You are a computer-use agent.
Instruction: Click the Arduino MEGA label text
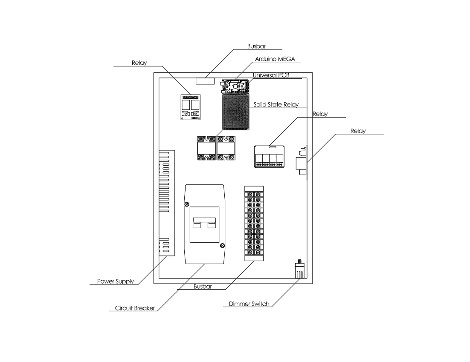[x=275, y=59]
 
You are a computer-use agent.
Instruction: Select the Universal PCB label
[x=271, y=75]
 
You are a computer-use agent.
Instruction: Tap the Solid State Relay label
[x=276, y=104]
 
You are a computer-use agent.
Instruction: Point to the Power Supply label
[x=115, y=281]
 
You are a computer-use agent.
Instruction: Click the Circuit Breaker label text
[x=135, y=308]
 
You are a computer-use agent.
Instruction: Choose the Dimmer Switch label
[x=249, y=304]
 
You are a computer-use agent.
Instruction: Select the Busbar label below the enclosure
[x=203, y=287]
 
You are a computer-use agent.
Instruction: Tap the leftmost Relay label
[x=139, y=63]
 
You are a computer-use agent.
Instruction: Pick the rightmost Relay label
[x=358, y=131]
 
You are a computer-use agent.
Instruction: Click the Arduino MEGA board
[x=234, y=86]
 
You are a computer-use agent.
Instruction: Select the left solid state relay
[x=206, y=148]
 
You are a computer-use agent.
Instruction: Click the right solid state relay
[x=226, y=148]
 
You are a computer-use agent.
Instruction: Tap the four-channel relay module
[x=269, y=156]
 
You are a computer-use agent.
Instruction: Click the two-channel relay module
[x=190, y=106]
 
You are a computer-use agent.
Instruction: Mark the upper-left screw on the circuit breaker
[x=186, y=204]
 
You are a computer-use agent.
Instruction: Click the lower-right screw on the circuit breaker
[x=222, y=245]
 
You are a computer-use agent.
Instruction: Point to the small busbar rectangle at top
[x=205, y=80]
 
